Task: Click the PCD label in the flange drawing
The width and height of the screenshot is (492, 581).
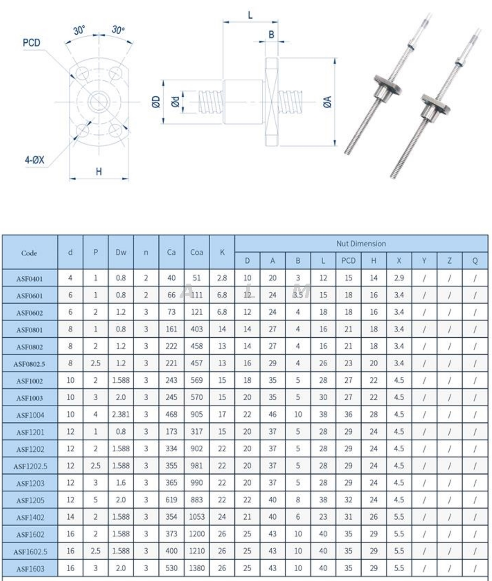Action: [31, 43]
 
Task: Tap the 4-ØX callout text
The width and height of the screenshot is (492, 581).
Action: [34, 160]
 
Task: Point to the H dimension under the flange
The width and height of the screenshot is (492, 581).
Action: [99, 172]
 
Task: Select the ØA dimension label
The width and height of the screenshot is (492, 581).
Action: [328, 102]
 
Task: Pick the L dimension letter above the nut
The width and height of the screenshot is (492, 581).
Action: [250, 15]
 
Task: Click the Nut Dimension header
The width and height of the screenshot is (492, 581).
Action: [361, 244]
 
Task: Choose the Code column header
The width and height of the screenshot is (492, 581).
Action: [29, 253]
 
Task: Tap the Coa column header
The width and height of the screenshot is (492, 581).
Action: [196, 252]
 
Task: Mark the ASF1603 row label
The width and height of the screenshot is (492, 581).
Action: [30, 569]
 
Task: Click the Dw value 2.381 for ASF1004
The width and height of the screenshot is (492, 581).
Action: [121, 415]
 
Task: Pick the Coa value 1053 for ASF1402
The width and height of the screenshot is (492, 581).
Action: [196, 517]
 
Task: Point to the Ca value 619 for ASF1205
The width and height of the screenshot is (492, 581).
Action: [171, 500]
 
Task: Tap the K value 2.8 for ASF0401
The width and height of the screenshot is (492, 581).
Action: [222, 278]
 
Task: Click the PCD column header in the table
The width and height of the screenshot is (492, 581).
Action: [348, 261]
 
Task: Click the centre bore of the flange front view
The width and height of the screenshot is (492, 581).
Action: [99, 102]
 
